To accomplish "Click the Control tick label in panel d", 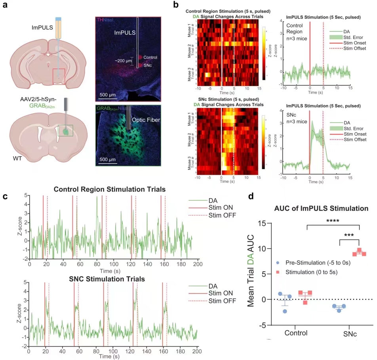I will click(x=296, y=333).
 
